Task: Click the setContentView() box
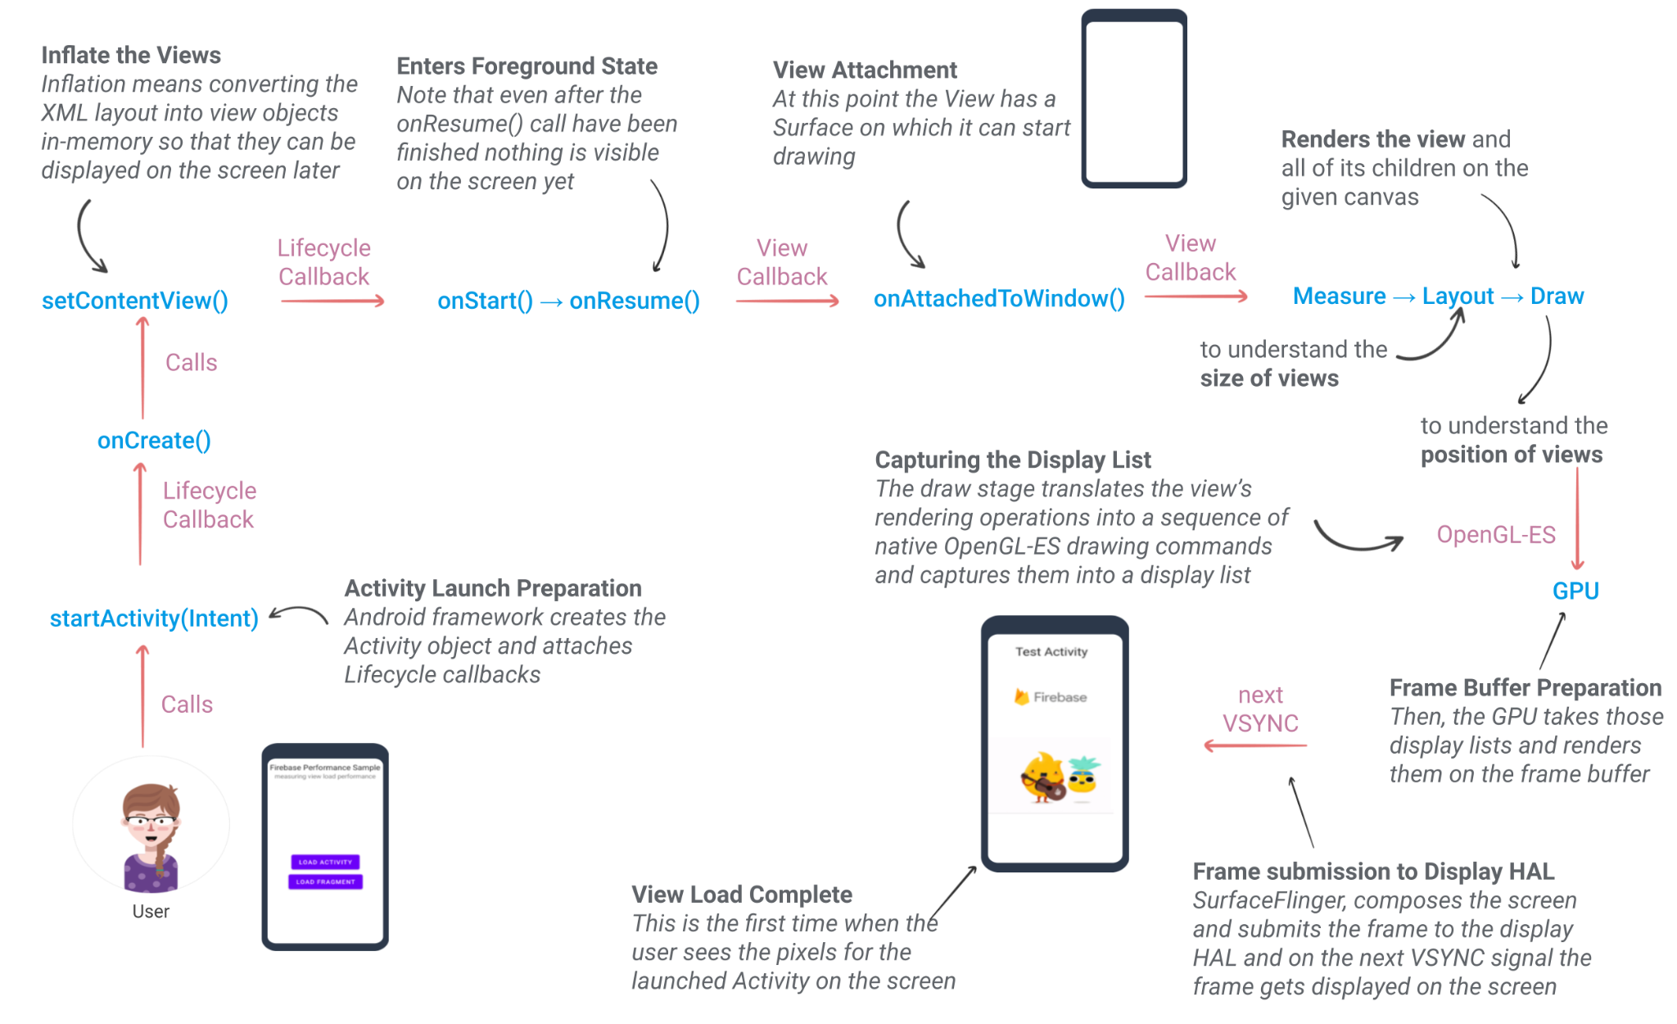(135, 301)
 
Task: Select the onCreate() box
(154, 441)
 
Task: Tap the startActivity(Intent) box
(154, 618)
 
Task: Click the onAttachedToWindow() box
(999, 298)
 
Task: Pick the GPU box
(1575, 591)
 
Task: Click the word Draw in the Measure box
(1557, 296)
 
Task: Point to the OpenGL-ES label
(1495, 535)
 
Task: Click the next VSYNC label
(1260, 709)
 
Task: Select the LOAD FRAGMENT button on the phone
(325, 882)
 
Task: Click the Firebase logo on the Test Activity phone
(1022, 697)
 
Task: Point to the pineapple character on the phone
(1084, 775)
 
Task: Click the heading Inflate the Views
(131, 55)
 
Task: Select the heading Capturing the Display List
(1012, 460)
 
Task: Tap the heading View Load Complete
(742, 895)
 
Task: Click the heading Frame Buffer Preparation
(1526, 688)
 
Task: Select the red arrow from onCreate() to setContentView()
(143, 369)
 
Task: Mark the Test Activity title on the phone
(1051, 652)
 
